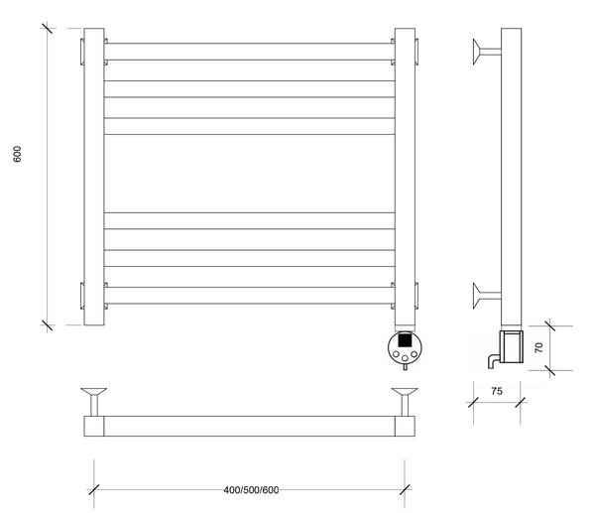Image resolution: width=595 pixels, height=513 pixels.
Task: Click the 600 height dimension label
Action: coord(18,154)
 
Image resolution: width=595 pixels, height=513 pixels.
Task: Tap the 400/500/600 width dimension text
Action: coord(251,490)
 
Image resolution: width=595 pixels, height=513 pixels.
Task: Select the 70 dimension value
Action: coord(538,348)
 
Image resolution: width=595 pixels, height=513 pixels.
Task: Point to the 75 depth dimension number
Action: coord(497,391)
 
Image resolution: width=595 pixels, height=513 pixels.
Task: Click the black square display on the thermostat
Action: coord(405,339)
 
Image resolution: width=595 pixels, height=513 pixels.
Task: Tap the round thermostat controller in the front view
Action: coord(405,347)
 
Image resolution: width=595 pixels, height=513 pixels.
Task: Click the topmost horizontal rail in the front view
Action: coord(249,52)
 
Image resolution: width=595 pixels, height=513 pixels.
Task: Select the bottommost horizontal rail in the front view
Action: coord(249,296)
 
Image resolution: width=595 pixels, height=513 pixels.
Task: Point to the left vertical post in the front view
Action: coord(94,177)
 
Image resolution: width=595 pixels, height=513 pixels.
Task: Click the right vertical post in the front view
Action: coord(405,177)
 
